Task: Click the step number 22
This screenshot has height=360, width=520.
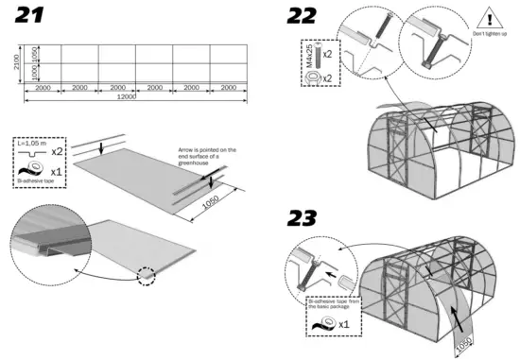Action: pos(303,17)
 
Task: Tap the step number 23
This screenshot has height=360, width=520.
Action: pos(303,217)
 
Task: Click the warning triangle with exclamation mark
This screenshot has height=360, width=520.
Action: pos(488,19)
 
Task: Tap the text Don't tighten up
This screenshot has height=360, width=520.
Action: pos(488,35)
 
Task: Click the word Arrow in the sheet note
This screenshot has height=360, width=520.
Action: pos(186,150)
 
